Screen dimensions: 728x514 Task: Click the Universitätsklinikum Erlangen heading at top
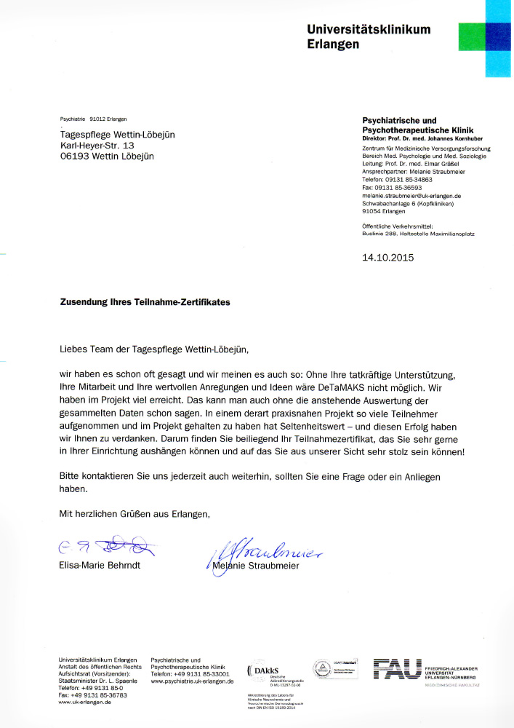[369, 36]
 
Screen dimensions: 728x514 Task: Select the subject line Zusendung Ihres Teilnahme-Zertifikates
[145, 302]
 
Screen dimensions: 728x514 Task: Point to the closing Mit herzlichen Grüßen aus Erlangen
[134, 514]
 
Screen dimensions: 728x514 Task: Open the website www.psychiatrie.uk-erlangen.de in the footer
[192, 681]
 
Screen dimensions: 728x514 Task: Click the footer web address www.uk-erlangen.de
[84, 702]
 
